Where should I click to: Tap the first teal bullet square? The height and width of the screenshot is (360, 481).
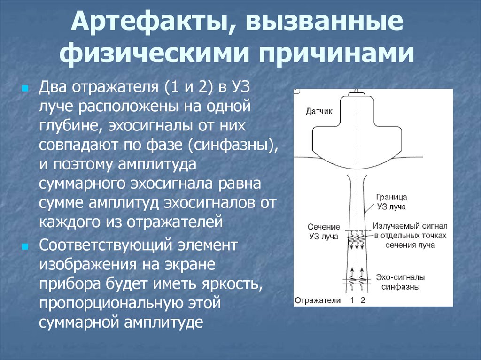25,89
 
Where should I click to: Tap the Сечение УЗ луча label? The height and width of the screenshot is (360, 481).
323,231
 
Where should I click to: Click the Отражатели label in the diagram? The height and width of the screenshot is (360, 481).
318,300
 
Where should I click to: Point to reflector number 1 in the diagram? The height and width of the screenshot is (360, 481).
352,300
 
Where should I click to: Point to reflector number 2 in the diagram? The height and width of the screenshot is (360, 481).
362,300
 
